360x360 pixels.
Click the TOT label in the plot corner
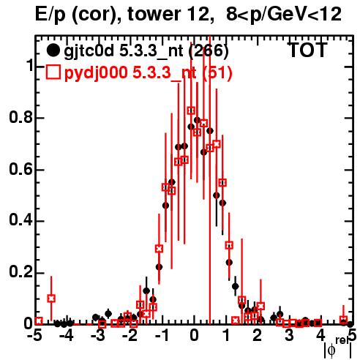[307, 50]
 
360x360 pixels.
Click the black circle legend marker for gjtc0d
[53, 50]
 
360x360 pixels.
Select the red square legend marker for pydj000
[53, 72]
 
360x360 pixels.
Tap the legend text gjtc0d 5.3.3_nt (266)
[146, 51]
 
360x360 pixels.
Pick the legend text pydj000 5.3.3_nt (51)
[148, 72]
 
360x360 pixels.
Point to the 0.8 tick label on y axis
[20, 118]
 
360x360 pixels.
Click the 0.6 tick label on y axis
[20, 169]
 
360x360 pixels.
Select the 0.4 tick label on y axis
[20, 221]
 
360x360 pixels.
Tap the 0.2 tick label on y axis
[20, 273]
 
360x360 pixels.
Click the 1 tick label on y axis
[29, 66]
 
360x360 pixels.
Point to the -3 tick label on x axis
[98, 336]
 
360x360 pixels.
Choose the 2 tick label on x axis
[257, 336]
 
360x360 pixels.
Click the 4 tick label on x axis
[320, 336]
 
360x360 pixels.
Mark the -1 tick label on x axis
[162, 336]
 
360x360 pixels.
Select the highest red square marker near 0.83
[191, 110]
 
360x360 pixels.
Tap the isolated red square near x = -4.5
[51, 298]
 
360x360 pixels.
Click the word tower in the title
[155, 14]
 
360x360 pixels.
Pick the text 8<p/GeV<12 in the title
[284, 15]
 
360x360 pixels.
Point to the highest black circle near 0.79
[197, 120]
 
